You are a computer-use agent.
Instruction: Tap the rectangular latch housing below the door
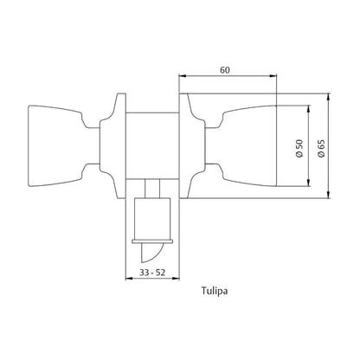pyautogui.click(x=155, y=215)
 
